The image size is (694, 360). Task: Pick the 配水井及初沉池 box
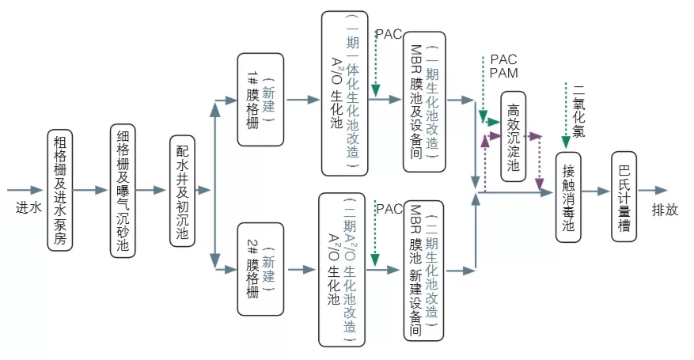click(x=182, y=191)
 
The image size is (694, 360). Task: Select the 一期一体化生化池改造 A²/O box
click(x=344, y=93)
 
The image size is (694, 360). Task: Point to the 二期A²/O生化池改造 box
click(x=343, y=270)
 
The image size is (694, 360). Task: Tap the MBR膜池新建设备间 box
click(x=423, y=269)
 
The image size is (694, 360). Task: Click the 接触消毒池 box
click(x=568, y=191)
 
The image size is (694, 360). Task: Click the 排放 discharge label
click(x=665, y=210)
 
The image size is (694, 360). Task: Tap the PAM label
click(x=504, y=74)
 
